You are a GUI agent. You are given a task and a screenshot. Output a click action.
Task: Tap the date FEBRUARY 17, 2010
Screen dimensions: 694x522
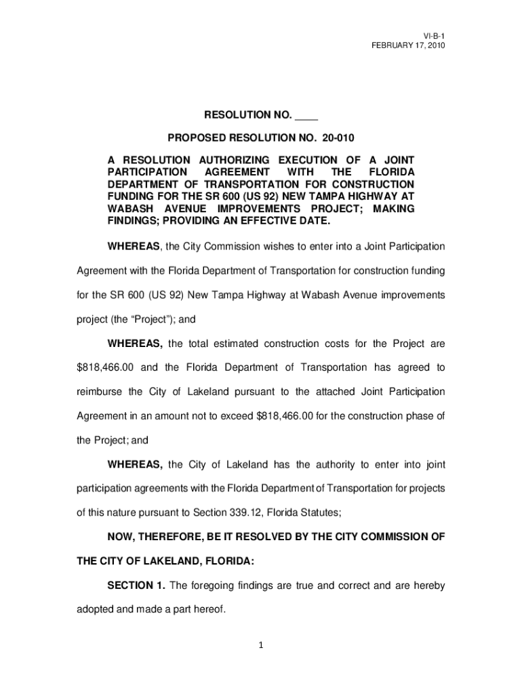coord(407,45)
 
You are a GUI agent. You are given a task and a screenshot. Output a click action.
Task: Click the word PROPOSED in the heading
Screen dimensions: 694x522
coord(199,138)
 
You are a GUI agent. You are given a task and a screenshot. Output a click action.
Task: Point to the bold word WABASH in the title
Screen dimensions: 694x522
coord(127,209)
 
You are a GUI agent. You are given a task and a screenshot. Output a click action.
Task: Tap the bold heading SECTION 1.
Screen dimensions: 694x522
coord(136,586)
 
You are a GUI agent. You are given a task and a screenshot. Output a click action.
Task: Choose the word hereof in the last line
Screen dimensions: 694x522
coord(212,610)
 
